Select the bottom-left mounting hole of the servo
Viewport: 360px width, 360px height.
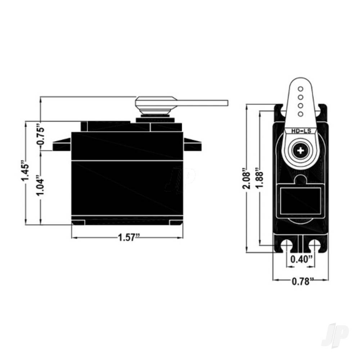287,245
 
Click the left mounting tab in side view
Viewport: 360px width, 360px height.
62,145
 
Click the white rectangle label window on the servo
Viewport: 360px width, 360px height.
300,201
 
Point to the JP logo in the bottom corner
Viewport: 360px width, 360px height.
334,335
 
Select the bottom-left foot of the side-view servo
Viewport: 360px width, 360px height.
78,222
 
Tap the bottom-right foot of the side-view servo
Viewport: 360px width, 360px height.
176,222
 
